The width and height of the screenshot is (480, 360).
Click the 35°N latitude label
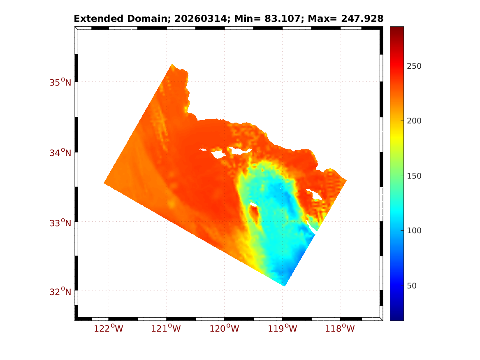60,82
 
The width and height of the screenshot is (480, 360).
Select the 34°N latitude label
60,153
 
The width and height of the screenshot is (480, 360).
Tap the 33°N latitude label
60,223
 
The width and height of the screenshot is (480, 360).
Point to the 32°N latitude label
60,292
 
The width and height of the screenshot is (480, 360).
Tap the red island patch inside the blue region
255,214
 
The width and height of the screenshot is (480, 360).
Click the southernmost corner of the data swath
284,286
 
